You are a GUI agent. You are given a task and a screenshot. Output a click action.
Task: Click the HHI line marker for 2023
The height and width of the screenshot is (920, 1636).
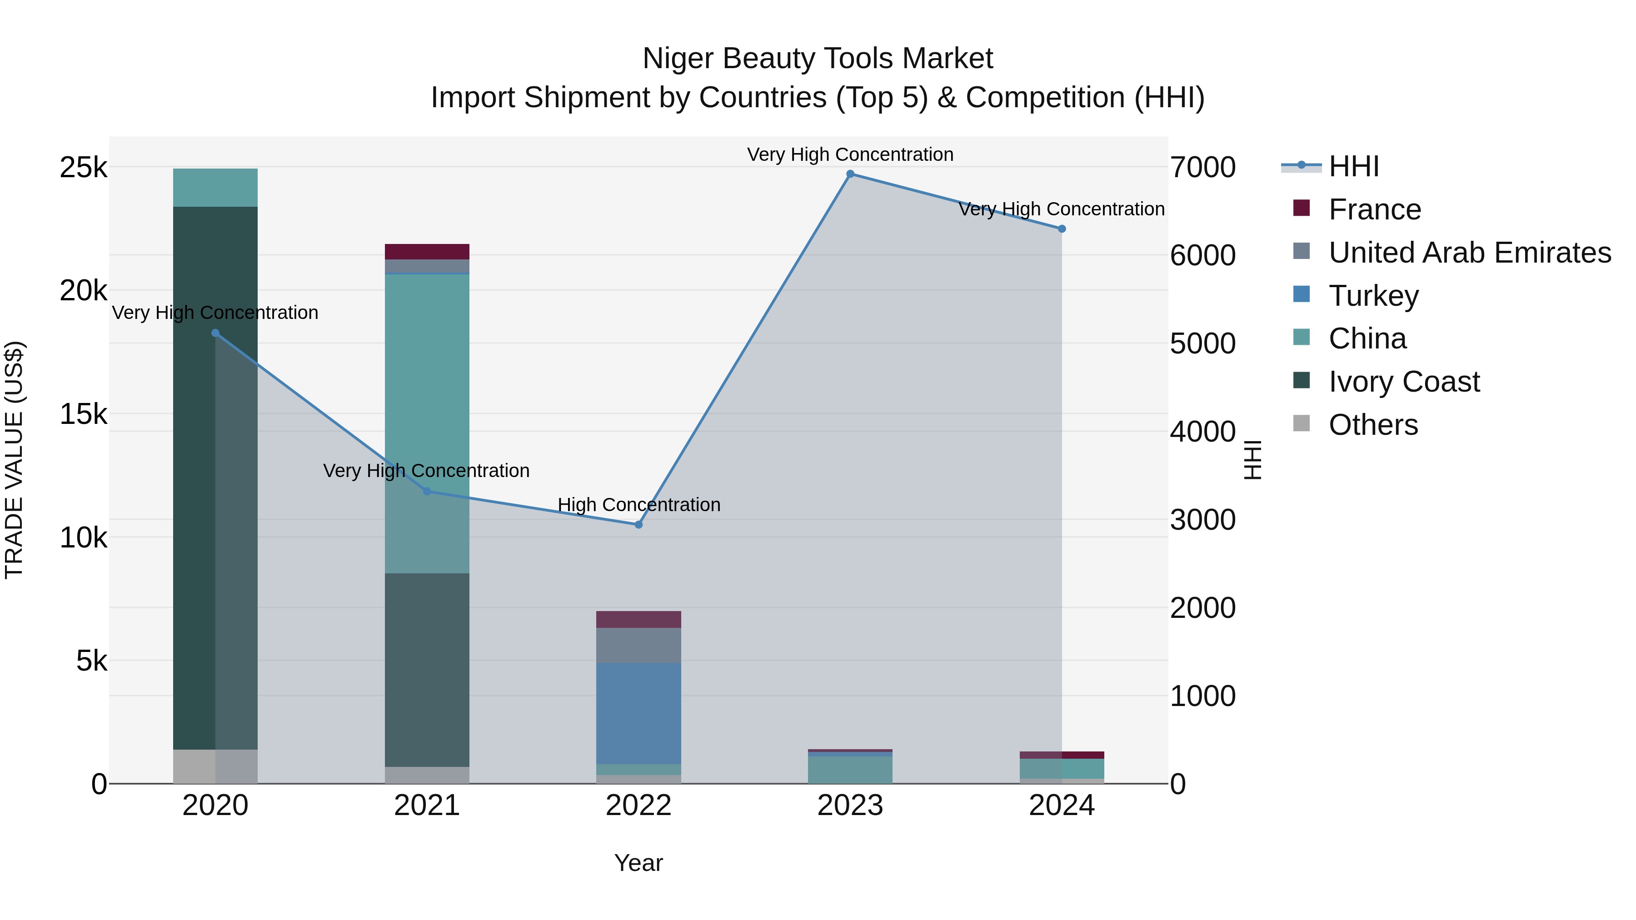click(x=850, y=174)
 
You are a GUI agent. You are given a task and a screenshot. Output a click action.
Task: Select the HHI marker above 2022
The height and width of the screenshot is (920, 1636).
click(x=639, y=524)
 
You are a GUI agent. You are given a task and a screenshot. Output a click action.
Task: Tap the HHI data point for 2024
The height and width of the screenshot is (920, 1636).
click(x=1062, y=229)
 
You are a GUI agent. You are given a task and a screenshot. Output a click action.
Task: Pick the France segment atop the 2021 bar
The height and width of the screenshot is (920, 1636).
click(x=427, y=251)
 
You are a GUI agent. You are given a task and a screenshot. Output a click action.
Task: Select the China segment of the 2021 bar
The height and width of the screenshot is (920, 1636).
click(x=427, y=423)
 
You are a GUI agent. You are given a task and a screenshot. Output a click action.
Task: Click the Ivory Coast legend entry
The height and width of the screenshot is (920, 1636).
click(x=1404, y=382)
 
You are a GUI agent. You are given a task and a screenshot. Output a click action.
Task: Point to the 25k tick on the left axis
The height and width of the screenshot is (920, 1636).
click(x=83, y=168)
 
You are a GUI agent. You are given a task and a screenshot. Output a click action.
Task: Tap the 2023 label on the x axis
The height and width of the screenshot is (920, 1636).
click(x=850, y=806)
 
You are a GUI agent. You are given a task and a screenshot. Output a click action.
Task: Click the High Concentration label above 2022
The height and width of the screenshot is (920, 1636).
click(x=639, y=505)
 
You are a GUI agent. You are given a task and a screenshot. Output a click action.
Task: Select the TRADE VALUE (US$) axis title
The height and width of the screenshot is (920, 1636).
click(x=14, y=460)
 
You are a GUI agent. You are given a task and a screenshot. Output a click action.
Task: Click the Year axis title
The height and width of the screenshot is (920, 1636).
click(x=638, y=863)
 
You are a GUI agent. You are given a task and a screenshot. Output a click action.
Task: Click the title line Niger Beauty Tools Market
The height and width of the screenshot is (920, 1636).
click(x=818, y=59)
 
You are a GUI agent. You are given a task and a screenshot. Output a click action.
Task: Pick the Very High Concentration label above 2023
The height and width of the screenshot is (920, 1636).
click(x=850, y=154)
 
